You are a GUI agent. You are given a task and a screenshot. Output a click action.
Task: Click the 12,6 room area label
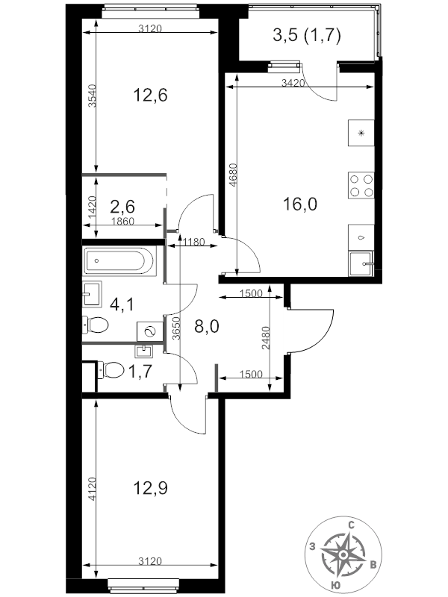(151, 95)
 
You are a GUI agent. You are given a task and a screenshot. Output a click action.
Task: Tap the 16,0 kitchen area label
(300, 204)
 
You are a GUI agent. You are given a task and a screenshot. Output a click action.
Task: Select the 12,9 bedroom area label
(151, 488)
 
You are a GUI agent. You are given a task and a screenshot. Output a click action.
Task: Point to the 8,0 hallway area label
(207, 327)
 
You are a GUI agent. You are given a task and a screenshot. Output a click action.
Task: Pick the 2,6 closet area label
(122, 207)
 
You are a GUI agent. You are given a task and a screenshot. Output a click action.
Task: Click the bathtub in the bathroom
(119, 261)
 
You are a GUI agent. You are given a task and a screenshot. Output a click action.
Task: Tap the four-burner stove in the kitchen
(361, 185)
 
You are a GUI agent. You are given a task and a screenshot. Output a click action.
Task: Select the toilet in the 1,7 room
(110, 369)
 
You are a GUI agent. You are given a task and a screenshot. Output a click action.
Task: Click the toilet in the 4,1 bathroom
(96, 325)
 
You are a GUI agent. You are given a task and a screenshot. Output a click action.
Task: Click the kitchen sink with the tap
(361, 263)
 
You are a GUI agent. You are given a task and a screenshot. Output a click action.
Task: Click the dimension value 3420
(293, 82)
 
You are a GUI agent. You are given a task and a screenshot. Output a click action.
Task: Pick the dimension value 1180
(194, 242)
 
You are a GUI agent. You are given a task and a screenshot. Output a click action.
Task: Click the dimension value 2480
(266, 338)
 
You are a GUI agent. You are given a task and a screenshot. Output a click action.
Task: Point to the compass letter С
(352, 526)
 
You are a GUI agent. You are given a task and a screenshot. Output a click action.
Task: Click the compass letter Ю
(336, 586)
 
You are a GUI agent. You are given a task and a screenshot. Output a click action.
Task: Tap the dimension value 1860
(122, 221)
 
